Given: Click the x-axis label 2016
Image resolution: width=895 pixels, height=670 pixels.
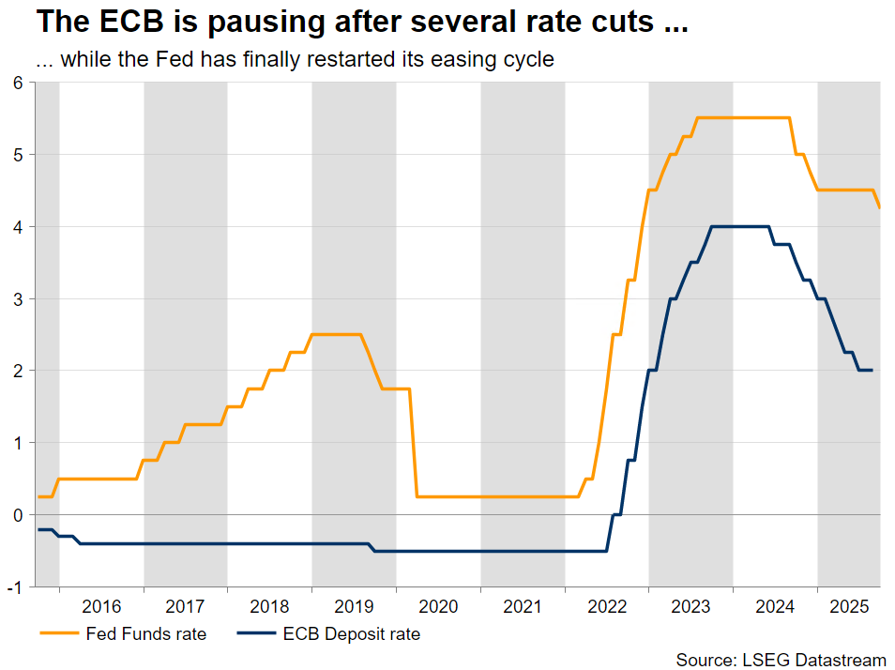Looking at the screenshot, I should pyautogui.click(x=101, y=607).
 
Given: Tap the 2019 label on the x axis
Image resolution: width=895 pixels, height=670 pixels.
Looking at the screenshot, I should pyautogui.click(x=354, y=607).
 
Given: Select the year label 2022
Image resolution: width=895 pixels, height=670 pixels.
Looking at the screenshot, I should pyautogui.click(x=607, y=607).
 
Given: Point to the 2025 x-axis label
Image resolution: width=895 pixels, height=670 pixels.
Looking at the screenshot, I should pyautogui.click(x=848, y=607).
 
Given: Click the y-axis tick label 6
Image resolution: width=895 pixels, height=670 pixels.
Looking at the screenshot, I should pyautogui.click(x=17, y=83).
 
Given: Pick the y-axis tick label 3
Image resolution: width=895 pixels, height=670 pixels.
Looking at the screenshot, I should pyautogui.click(x=17, y=298).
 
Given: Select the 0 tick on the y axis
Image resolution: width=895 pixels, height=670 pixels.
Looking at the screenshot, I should pyautogui.click(x=17, y=515).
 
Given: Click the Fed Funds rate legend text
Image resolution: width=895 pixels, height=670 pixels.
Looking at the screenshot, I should pyautogui.click(x=145, y=634).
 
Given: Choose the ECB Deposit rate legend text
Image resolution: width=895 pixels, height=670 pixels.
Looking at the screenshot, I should pyautogui.click(x=352, y=634).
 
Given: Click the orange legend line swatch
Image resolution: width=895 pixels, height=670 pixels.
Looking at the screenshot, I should pyautogui.click(x=58, y=634).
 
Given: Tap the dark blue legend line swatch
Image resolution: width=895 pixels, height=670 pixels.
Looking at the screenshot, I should pyautogui.click(x=255, y=634).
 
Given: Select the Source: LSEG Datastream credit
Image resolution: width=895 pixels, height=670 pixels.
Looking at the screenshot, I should pyautogui.click(x=781, y=661).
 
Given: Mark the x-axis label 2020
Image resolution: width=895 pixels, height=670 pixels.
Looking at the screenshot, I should pyautogui.click(x=438, y=607).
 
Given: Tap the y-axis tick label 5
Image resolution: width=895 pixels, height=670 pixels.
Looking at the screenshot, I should pyautogui.click(x=17, y=155).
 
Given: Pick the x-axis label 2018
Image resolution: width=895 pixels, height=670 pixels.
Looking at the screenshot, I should pyautogui.click(x=270, y=607).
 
